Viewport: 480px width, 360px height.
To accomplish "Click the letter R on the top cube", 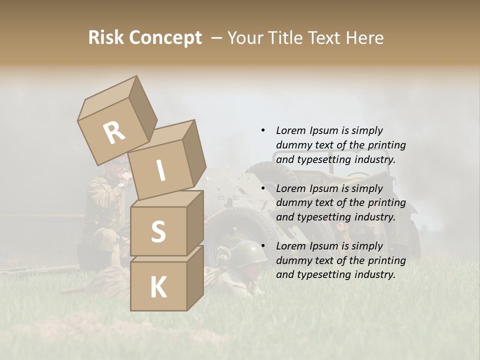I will [114, 132].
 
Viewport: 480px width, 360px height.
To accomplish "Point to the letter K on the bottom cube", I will [158, 287].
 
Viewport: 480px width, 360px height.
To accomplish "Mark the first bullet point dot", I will [263, 130].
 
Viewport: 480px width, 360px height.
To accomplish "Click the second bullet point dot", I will [263, 188].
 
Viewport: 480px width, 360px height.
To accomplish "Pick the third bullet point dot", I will [263, 246].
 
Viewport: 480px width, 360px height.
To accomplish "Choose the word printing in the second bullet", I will [386, 202].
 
